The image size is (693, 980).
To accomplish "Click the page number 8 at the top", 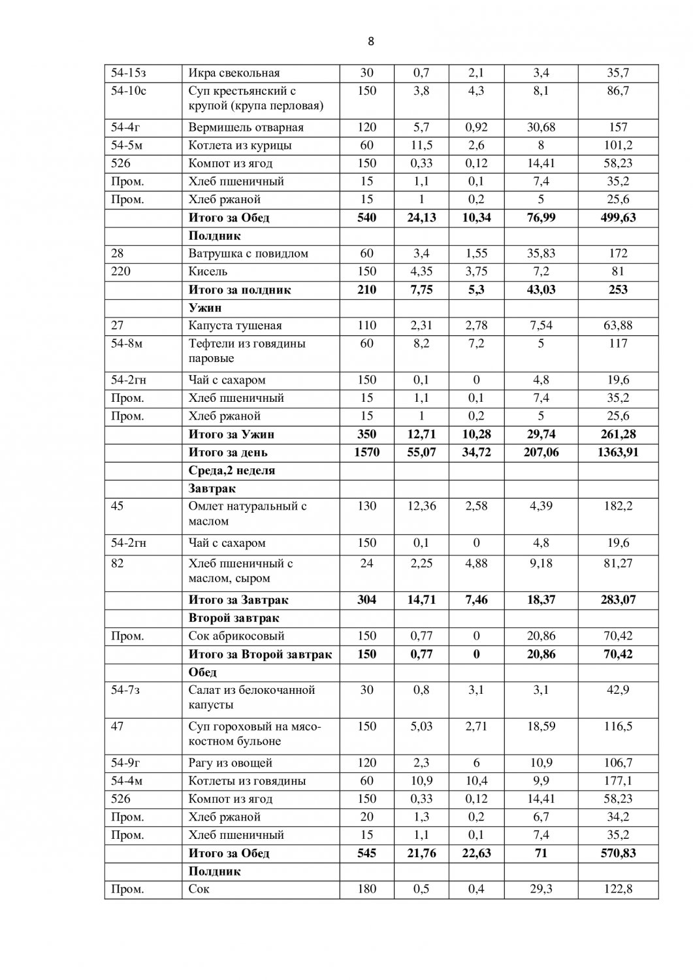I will point(371,42).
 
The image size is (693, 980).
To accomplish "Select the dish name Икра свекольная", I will point(233,73).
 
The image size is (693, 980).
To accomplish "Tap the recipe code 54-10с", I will point(129,91).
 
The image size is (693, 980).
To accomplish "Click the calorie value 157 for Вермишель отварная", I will point(617,127).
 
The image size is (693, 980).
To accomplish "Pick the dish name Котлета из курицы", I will point(240,145).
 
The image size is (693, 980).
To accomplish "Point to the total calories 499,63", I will point(617,218).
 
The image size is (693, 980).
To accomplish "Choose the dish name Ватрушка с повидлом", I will point(248,253).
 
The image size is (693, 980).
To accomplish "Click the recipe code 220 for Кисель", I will point(121,271).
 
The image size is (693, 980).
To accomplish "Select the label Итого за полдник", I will point(240,289).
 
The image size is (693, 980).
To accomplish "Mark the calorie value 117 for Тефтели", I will point(617,344).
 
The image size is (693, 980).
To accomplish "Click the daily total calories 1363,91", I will point(617,452).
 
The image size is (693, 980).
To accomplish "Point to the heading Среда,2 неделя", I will point(232,470).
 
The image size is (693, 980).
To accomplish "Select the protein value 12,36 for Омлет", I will point(421,506).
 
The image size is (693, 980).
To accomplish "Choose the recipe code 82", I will point(118,563).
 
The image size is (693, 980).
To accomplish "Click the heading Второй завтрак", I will point(234,617).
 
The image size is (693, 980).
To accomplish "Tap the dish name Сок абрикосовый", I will point(236,636).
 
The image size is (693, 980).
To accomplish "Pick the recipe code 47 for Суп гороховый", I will point(118,726).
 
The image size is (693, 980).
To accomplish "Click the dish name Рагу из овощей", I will point(230,762).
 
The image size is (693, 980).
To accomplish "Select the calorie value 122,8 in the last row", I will point(617,889).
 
